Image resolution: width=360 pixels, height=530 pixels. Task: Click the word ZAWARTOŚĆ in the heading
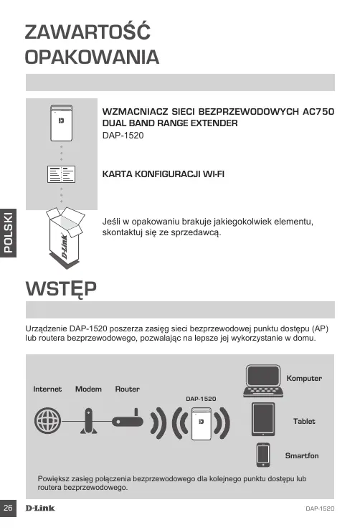(x=87, y=32)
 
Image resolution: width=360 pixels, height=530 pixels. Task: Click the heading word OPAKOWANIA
(x=92, y=57)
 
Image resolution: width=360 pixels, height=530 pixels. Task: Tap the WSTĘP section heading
(x=61, y=289)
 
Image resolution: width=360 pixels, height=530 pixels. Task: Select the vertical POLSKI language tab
(x=8, y=233)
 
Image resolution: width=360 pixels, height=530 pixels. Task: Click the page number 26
(x=8, y=508)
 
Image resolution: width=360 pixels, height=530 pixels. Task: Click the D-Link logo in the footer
(x=40, y=508)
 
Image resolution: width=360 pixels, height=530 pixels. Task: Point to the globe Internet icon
(x=47, y=420)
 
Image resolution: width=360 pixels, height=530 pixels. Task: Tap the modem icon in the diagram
(x=88, y=421)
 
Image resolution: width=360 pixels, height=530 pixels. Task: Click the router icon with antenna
(x=128, y=418)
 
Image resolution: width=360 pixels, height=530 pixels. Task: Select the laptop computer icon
(x=263, y=381)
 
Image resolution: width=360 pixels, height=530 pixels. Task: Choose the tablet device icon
(x=263, y=419)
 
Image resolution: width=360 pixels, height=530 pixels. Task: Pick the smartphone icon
(x=263, y=455)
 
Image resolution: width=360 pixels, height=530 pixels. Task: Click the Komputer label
(x=304, y=378)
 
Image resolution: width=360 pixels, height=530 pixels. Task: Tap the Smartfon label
(x=302, y=455)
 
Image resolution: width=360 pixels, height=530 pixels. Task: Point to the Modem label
(x=88, y=389)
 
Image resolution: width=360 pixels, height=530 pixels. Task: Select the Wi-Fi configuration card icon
(x=61, y=174)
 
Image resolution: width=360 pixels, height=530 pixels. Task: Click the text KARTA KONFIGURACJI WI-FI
(x=164, y=174)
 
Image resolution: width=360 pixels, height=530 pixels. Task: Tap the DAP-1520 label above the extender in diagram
(x=201, y=399)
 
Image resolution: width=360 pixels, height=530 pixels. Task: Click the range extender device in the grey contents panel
(x=61, y=123)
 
